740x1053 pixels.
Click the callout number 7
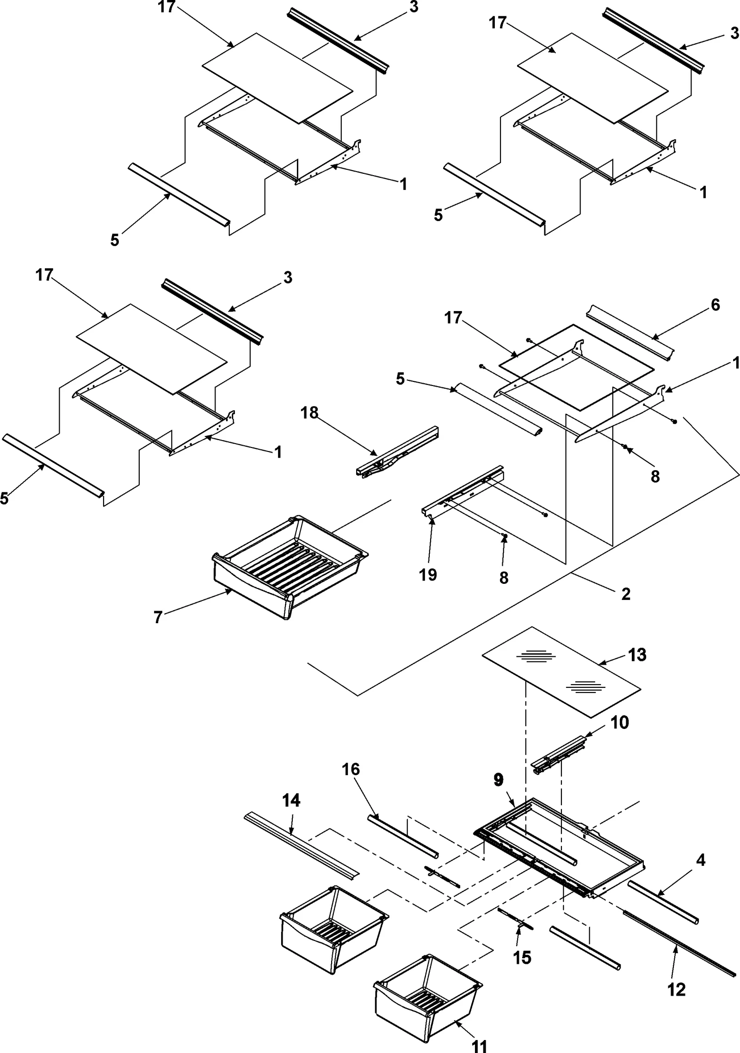tap(158, 618)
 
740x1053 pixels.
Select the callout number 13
tap(637, 655)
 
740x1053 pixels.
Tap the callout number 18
tap(309, 413)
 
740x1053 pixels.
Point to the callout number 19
tap(428, 575)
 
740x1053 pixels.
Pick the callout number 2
tap(626, 594)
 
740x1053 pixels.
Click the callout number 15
tap(522, 957)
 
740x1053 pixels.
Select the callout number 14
tap(291, 800)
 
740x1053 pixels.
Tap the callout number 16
tap(351, 770)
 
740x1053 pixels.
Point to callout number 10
tap(620, 722)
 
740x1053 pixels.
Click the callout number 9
tap(498, 780)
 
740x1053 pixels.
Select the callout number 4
tap(701, 860)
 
